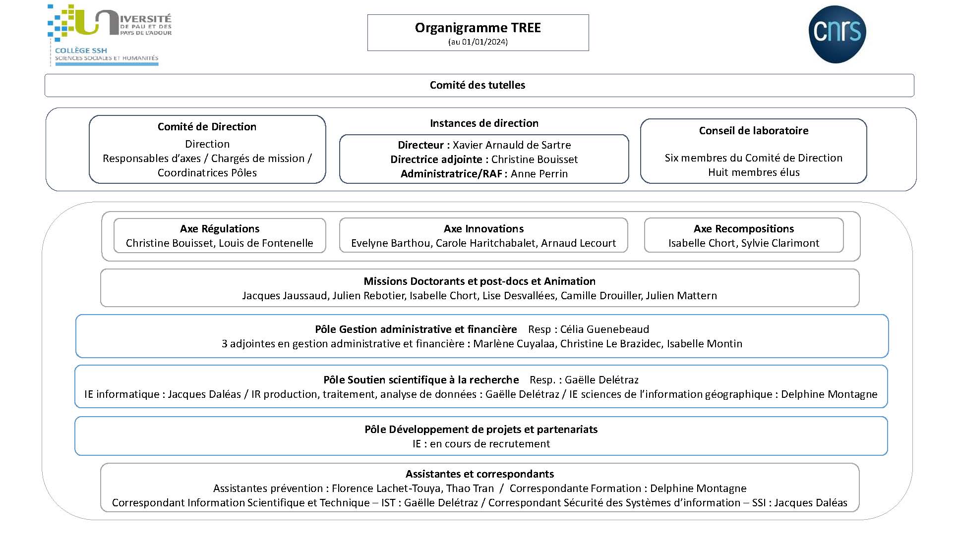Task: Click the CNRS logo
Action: coord(837,34)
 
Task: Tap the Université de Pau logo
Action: coord(110,35)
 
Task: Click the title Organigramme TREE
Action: coord(478,28)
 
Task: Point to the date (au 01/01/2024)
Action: coord(478,42)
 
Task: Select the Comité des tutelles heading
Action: coord(478,85)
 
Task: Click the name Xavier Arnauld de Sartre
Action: coord(512,145)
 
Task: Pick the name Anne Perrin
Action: coord(539,174)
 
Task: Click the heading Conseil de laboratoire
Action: coord(754,131)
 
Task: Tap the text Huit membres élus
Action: coord(754,172)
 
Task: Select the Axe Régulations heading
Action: coord(220,229)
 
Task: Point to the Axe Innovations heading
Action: coord(483,229)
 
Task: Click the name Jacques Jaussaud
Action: coord(285,296)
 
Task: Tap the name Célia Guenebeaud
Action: coord(604,329)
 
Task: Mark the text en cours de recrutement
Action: coord(490,444)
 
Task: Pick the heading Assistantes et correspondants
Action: coord(479,474)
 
